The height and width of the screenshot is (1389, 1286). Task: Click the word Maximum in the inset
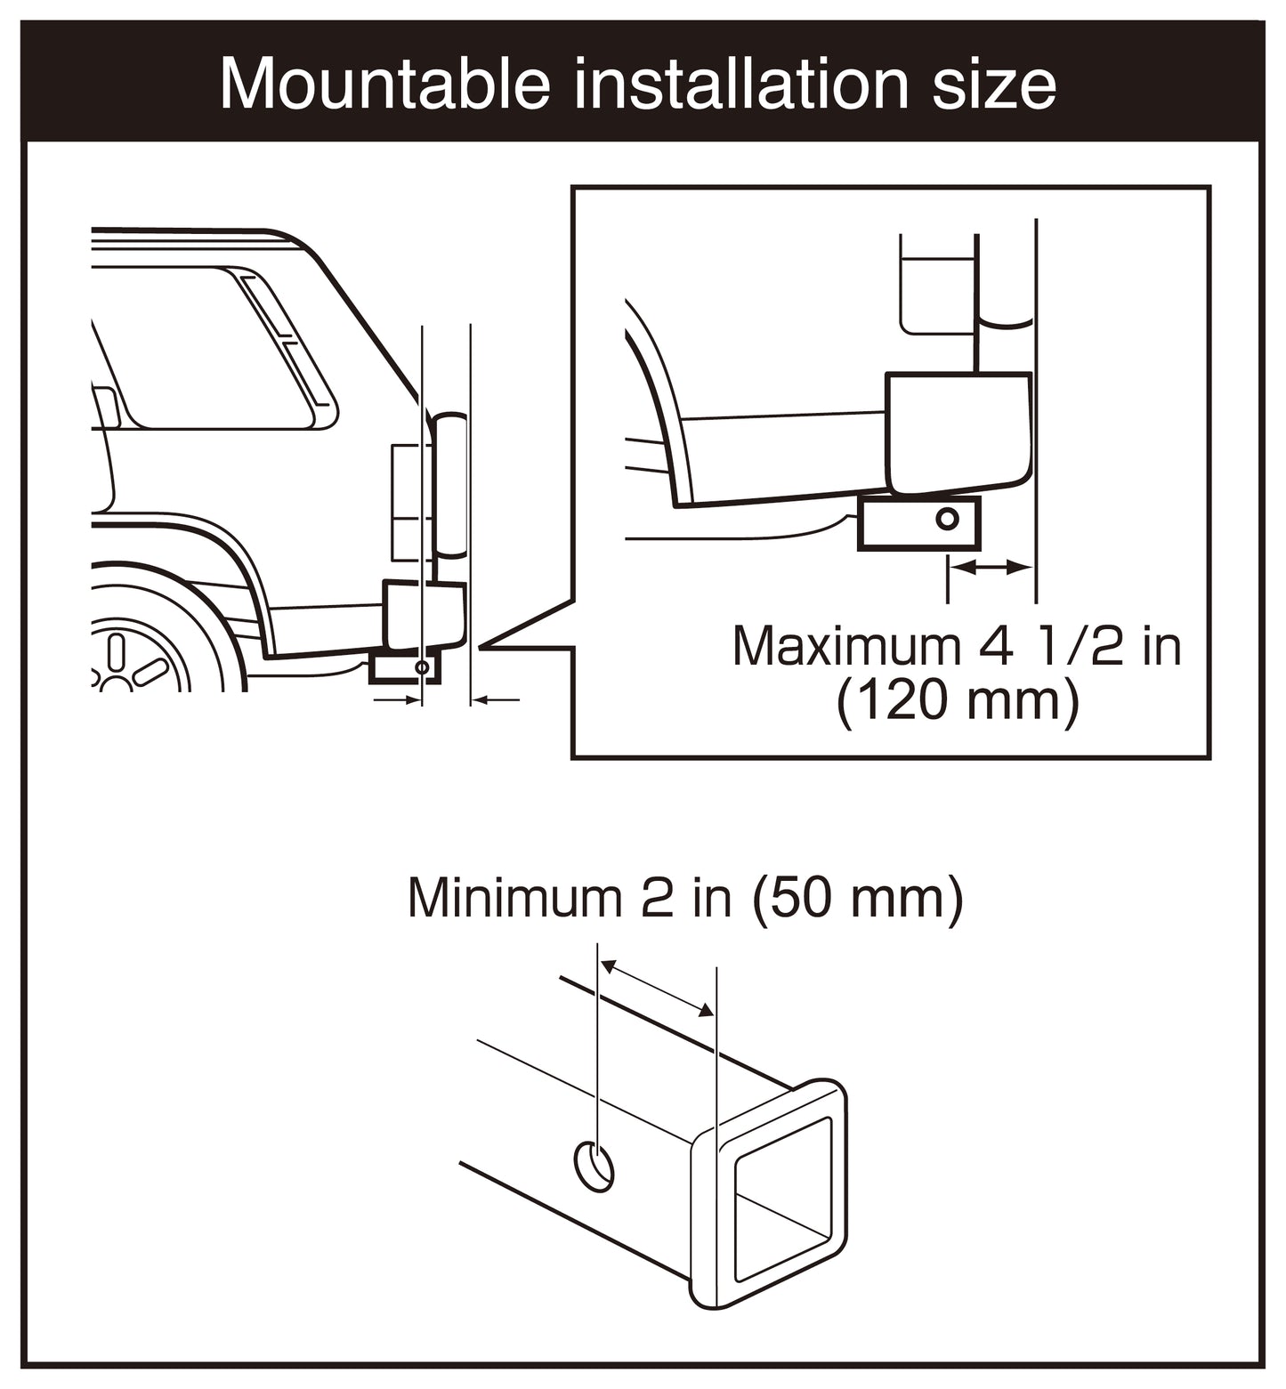[x=847, y=646]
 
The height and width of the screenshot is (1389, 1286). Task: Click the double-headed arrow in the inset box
[x=991, y=566]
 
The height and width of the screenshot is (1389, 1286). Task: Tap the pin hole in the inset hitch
[x=949, y=518]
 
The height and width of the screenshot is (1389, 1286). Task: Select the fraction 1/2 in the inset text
[x=1080, y=646]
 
